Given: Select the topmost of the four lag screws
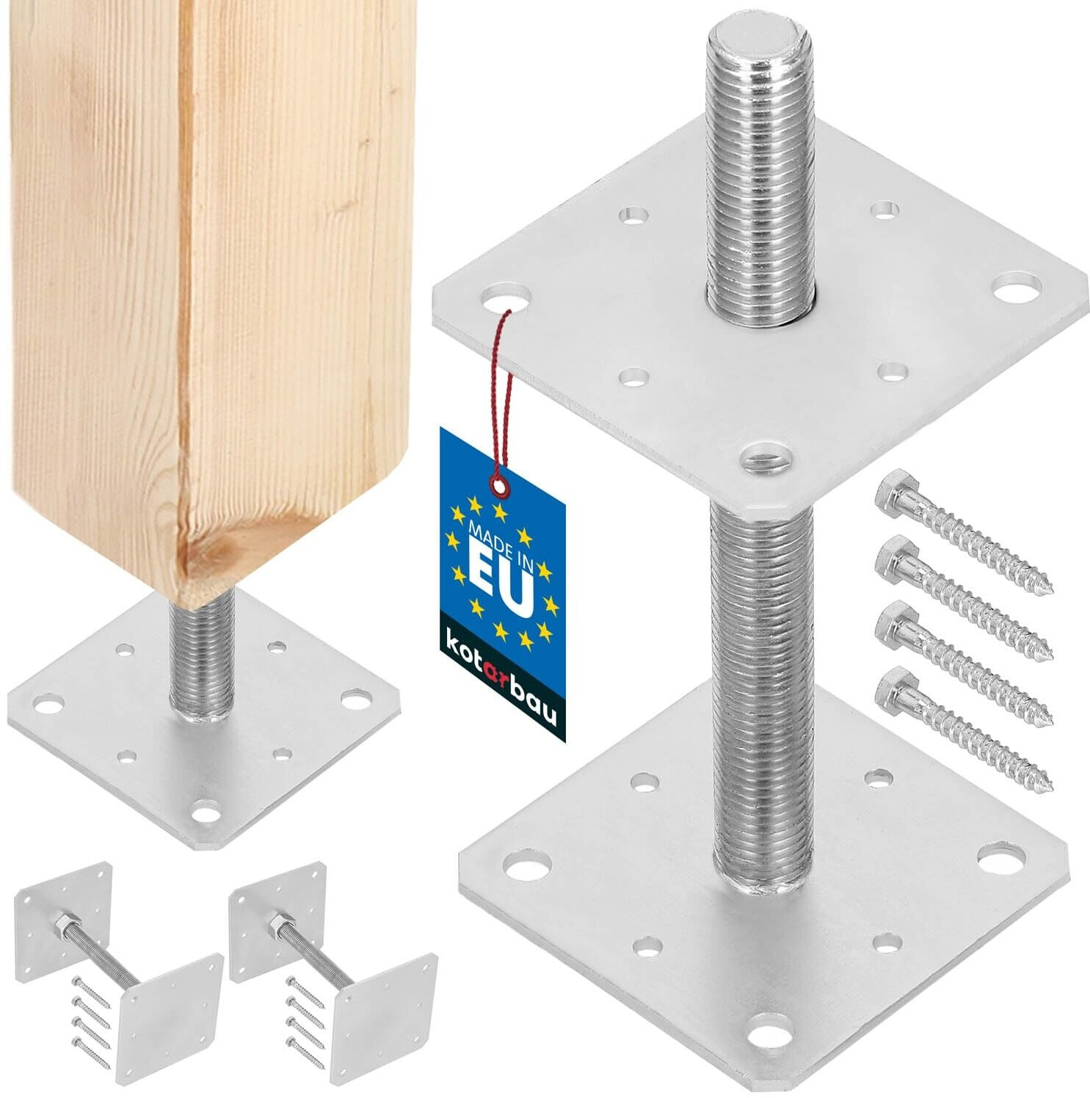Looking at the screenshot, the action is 964,534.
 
